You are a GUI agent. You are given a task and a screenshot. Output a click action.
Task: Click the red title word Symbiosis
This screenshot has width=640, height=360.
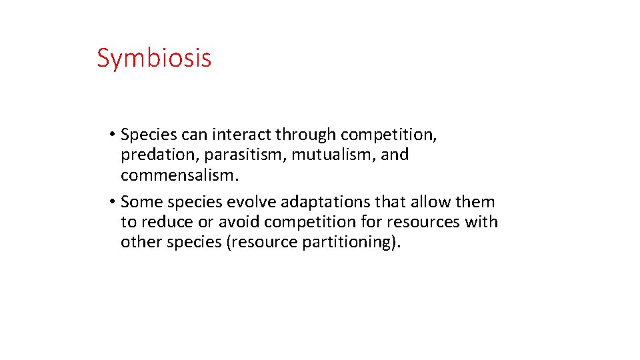coord(154,58)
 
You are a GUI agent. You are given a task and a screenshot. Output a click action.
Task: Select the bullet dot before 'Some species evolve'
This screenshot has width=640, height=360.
coord(115,202)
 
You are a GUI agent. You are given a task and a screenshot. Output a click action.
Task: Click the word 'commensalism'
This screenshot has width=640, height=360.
coord(177,175)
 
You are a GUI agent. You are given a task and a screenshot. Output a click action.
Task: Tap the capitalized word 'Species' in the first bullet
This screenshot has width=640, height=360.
coord(149,135)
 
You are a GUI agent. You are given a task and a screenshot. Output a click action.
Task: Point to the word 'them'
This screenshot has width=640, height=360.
coord(474,201)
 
